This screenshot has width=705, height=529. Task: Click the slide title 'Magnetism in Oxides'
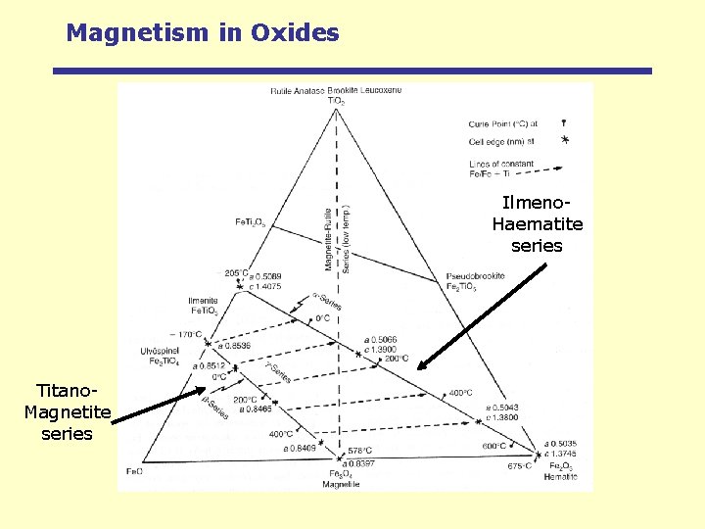point(203,32)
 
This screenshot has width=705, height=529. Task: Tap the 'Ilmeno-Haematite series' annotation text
point(537,224)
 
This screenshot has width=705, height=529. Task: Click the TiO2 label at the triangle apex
point(336,100)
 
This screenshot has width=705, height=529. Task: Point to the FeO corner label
point(134,471)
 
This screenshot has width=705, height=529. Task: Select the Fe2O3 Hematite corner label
point(563,471)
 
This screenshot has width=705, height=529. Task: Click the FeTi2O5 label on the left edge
point(250,222)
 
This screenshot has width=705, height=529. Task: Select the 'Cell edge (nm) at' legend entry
point(498,141)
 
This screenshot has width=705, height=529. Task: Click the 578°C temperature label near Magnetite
point(359,451)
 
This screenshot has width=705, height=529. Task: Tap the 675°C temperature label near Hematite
point(519,466)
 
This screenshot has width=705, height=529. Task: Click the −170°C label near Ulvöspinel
point(185,334)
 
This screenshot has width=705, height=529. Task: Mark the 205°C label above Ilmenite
point(236,274)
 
